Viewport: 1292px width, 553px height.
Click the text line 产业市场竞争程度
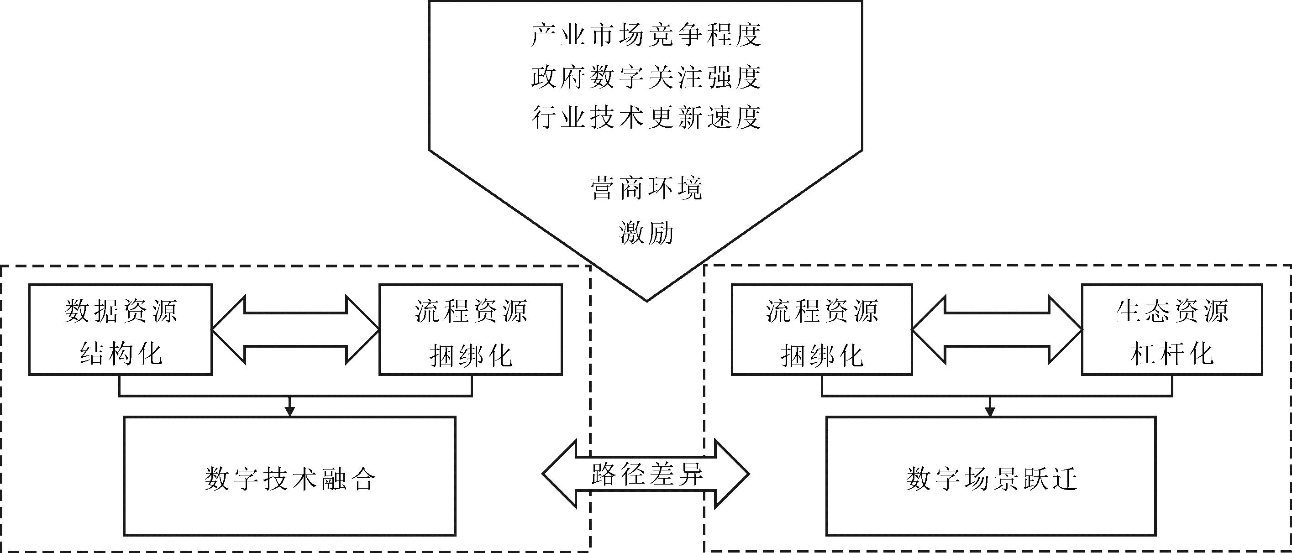pos(646,36)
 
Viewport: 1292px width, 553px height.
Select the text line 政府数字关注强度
pos(646,77)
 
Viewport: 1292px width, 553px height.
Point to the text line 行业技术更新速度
pos(646,118)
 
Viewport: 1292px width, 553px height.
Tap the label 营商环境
pos(646,189)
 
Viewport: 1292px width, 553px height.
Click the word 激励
pos(646,233)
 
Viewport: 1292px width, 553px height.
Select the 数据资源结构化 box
pos(121,329)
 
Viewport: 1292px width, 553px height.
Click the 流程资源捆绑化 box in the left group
pos(470,329)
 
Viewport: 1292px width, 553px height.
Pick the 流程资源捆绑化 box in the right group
pos(822,329)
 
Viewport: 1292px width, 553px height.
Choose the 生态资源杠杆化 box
pos(1171,329)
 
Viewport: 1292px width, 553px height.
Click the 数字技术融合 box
pos(289,476)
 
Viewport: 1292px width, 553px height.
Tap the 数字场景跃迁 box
pos(991,476)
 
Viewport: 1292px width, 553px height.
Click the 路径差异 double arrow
pos(646,473)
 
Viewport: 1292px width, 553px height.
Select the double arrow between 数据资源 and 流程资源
pos(295,329)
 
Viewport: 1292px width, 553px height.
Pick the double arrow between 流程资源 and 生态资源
pos(997,329)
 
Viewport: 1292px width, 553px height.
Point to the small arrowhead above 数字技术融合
pos(289,412)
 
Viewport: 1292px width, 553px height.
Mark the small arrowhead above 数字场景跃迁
pos(990,412)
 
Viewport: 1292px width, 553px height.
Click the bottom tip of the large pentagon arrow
pos(646,300)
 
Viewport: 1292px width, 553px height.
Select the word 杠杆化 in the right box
pos(1171,354)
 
